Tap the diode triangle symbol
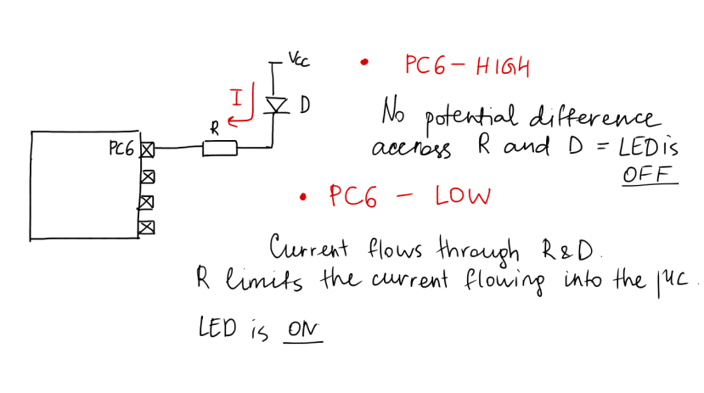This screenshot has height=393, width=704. coord(274,104)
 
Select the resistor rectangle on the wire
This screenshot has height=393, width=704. coord(219,149)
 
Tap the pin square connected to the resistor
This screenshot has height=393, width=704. coord(147,150)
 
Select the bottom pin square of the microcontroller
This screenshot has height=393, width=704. coord(147,227)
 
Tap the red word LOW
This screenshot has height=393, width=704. coord(462,197)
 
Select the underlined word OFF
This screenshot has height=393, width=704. coord(650,174)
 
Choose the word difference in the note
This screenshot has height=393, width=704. coord(592,115)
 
